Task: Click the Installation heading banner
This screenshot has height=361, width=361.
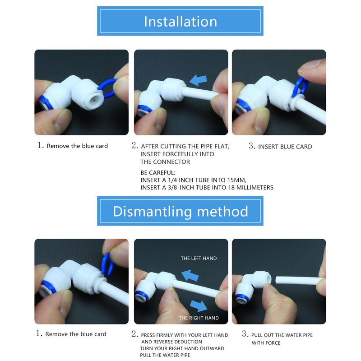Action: point(180,21)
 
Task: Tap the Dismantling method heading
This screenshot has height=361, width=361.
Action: point(180,211)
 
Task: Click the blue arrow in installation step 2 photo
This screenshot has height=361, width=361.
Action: point(198,80)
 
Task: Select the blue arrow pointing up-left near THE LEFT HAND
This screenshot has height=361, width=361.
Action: point(190,275)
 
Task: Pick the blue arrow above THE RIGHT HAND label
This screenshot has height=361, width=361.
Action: point(199,306)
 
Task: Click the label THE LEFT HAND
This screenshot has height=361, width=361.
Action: point(199,258)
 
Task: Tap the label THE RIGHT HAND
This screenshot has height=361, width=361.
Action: point(199,318)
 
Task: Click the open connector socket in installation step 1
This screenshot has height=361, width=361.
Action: point(93,99)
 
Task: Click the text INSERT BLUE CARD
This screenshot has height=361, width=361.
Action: point(285,147)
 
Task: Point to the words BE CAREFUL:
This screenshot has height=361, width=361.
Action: point(157,173)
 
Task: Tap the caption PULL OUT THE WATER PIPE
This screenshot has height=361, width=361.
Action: point(282,335)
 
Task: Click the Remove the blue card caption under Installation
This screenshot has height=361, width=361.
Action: point(77,146)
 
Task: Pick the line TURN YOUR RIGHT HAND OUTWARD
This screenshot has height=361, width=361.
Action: point(182,348)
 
